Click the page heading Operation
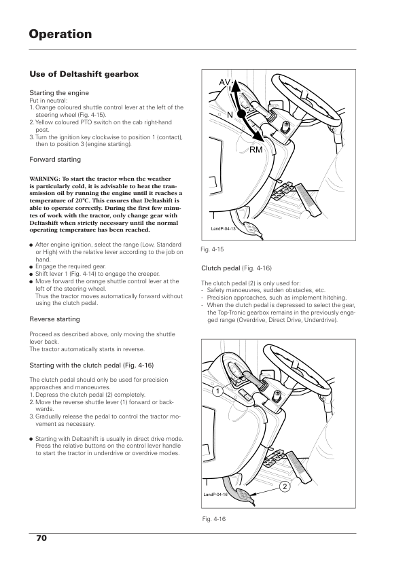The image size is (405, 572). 60,35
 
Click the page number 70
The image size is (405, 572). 41,538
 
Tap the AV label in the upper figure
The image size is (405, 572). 224,82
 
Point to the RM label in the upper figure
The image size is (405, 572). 256,149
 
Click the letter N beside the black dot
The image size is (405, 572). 230,115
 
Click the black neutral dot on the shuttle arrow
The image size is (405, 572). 241,114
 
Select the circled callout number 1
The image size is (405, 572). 218,392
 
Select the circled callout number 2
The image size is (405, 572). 285,486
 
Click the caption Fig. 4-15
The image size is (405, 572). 212,249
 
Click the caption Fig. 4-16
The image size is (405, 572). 214,519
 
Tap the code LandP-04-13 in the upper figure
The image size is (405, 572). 224,229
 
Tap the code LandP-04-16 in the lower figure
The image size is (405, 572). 215,495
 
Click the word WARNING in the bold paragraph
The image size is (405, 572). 45,179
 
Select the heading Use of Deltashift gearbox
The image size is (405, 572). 84,74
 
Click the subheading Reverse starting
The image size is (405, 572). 55,319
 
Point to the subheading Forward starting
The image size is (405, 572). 55,160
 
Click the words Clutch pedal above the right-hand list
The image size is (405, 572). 221,268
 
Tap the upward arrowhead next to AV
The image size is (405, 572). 235,85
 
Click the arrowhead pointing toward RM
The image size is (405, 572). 258,136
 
